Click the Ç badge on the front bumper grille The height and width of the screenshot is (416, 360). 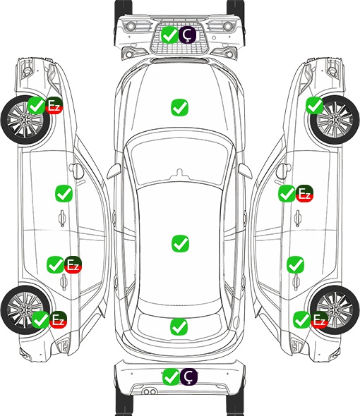click(187, 35)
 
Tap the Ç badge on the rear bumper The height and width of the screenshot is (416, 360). click(188, 377)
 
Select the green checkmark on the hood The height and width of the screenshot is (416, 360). click(179, 107)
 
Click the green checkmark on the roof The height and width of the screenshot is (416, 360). click(180, 243)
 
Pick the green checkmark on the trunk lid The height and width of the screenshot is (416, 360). click(179, 326)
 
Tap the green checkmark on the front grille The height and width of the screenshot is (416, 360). click(170, 35)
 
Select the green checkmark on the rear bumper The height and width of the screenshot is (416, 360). click(171, 377)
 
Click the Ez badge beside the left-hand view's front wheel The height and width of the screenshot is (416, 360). click(54, 106)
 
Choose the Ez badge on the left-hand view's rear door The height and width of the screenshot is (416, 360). click(73, 265)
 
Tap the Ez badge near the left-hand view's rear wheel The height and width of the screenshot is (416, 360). click(58, 319)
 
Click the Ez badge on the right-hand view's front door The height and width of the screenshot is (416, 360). click(304, 193)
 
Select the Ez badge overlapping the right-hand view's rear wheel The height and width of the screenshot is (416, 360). click(319, 319)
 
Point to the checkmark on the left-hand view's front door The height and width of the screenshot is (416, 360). click(64, 193)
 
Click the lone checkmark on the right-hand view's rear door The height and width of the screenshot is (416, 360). click(296, 264)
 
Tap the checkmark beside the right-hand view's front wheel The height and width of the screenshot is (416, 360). click(315, 105)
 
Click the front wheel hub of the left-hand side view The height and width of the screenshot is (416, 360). click(25, 120)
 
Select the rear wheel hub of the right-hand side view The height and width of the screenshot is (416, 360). click(335, 310)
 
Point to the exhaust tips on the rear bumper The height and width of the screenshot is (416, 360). click(150, 391)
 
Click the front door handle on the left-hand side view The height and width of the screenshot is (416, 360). click(62, 218)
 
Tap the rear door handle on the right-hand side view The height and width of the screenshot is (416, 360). click(296, 281)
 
